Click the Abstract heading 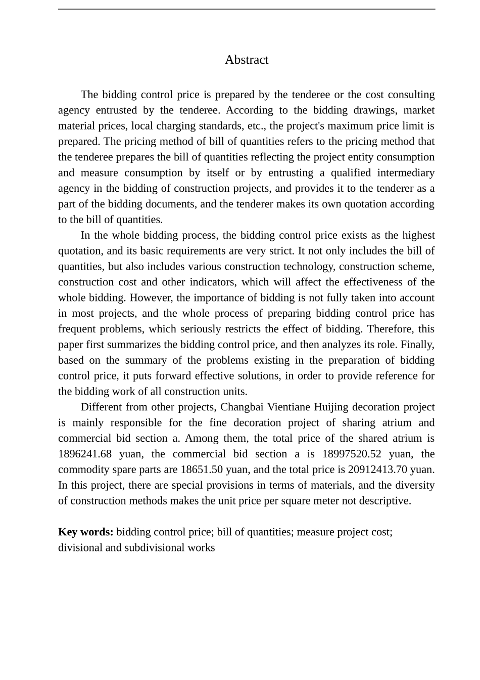pos(246,60)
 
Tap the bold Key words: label pos(85,532)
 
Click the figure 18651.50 pos(202,470)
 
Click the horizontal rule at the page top pos(246,9)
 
